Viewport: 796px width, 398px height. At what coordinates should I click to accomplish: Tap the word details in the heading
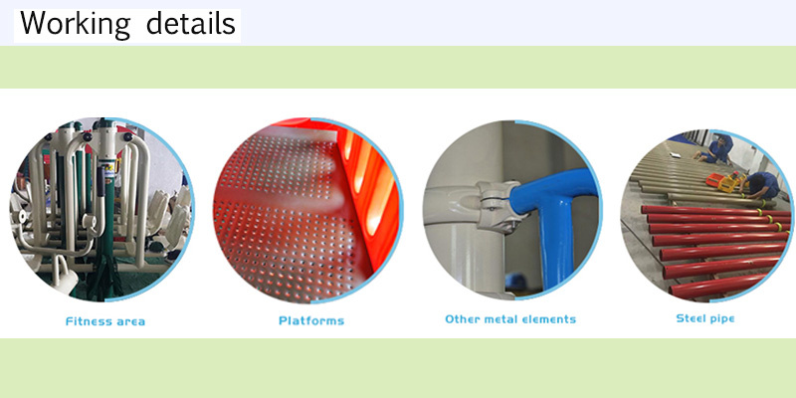191,23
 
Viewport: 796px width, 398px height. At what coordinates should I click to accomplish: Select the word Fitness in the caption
87,321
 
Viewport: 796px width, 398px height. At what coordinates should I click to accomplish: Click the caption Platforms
311,320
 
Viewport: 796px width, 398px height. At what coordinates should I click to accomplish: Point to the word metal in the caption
495,319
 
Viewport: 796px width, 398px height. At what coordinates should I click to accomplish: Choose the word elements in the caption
544,319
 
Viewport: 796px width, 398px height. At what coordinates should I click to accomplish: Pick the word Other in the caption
461,319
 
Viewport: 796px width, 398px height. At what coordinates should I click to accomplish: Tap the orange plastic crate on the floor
715,179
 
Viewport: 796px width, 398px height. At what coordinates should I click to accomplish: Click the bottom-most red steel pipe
716,287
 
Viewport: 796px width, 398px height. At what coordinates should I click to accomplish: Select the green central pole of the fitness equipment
105,239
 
